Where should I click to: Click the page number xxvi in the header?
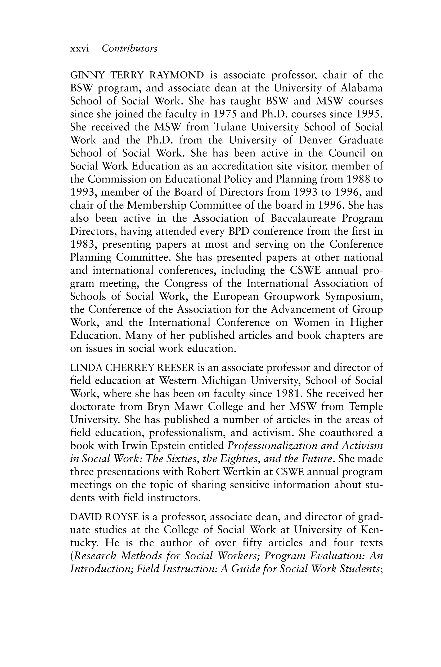point(79,49)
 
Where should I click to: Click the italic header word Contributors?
point(129,49)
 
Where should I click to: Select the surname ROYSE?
point(122,517)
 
